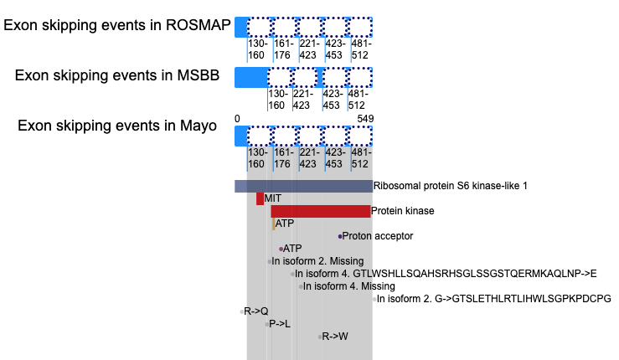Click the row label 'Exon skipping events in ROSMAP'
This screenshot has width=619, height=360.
117,25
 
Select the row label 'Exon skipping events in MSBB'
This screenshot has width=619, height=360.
117,75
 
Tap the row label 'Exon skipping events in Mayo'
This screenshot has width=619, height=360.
117,126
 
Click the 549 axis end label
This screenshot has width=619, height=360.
365,119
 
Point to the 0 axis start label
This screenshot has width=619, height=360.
237,119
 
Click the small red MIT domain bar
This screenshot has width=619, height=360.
260,198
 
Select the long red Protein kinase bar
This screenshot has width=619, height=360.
321,211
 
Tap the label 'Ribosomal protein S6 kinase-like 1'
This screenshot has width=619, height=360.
451,186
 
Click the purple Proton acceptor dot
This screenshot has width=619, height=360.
340,236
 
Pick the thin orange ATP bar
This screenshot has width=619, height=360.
274,224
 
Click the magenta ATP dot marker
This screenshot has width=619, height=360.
281,249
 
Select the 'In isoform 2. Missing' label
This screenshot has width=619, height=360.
317,261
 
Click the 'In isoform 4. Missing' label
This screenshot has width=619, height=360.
349,286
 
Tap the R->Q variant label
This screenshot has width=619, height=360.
255,311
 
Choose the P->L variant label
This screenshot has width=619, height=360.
280,324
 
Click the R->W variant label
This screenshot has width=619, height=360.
335,337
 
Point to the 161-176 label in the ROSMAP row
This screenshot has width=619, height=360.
284,49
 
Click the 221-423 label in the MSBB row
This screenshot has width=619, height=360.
302,100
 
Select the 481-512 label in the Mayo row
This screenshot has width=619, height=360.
361,158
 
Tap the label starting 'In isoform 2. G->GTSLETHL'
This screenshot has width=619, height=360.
494,299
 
